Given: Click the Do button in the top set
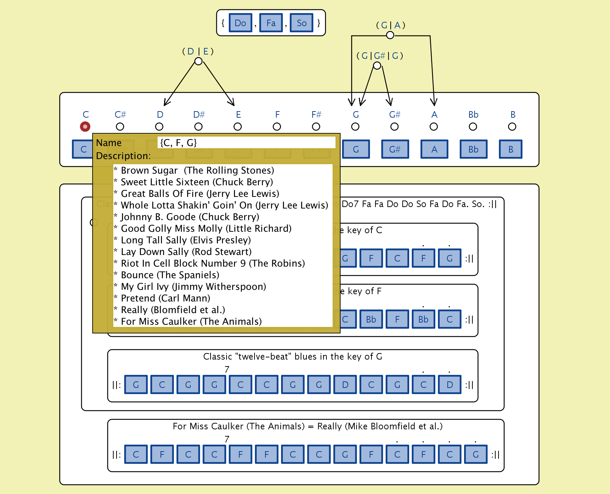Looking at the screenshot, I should point(240,23).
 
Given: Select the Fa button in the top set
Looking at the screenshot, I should point(271,23).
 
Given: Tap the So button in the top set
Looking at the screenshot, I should point(301,23).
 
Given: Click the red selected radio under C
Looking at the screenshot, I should point(85,127).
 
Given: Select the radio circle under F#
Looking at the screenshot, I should point(316,127).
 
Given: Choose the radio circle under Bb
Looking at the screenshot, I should point(473,127).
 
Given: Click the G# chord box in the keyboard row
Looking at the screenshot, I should point(395,149).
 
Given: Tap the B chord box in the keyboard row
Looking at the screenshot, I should point(511,149).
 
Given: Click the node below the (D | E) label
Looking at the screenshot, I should point(198,61).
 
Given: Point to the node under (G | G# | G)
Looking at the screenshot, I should point(377,66).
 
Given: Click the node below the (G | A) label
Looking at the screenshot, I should point(390,35).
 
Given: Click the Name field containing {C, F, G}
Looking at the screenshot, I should point(246,143).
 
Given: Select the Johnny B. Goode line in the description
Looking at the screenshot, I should point(190,217).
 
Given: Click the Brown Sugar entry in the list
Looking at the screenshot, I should point(197,170).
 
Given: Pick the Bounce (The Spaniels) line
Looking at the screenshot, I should point(170,275).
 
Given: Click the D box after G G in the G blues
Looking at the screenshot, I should point(345,385).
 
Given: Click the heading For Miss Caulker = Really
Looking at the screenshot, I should point(307,426).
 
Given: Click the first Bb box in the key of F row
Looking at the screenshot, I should point(371,319).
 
